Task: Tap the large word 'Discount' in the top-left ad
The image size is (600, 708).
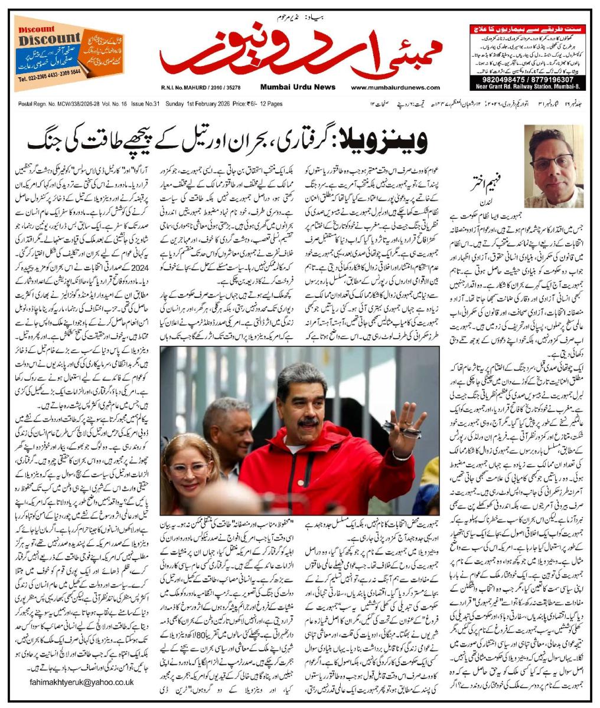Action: click(x=41, y=40)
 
